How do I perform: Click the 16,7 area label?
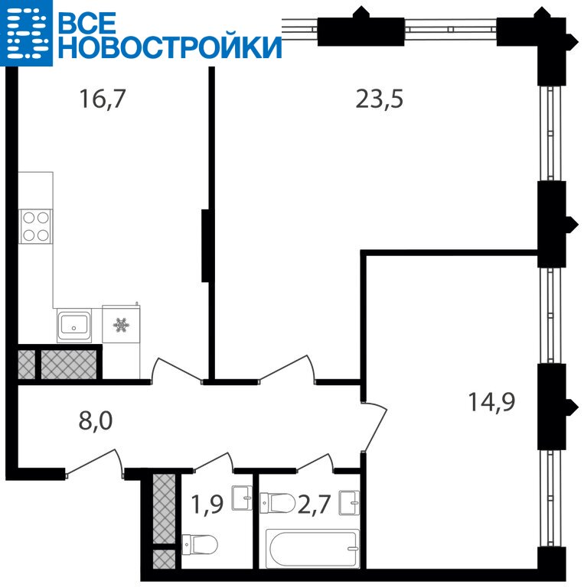click(x=102, y=99)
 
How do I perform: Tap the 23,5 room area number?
click(x=379, y=99)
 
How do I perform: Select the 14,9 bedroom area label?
click(x=492, y=402)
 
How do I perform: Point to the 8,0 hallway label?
click(x=96, y=421)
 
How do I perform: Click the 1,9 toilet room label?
click(x=207, y=504)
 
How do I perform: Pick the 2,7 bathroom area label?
click(x=314, y=504)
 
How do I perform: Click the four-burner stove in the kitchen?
click(x=36, y=226)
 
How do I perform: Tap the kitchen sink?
click(x=74, y=326)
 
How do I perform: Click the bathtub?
click(x=312, y=549)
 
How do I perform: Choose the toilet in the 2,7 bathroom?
click(x=278, y=503)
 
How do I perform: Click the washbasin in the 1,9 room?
click(x=242, y=498)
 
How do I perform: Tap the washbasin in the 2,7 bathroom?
click(x=349, y=503)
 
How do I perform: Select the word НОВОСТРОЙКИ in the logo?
click(x=170, y=47)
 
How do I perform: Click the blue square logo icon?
click(x=26, y=33)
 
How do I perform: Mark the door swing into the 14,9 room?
click(x=375, y=426)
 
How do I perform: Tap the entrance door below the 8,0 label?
click(x=94, y=463)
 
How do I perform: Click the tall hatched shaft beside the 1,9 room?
click(x=165, y=509)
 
